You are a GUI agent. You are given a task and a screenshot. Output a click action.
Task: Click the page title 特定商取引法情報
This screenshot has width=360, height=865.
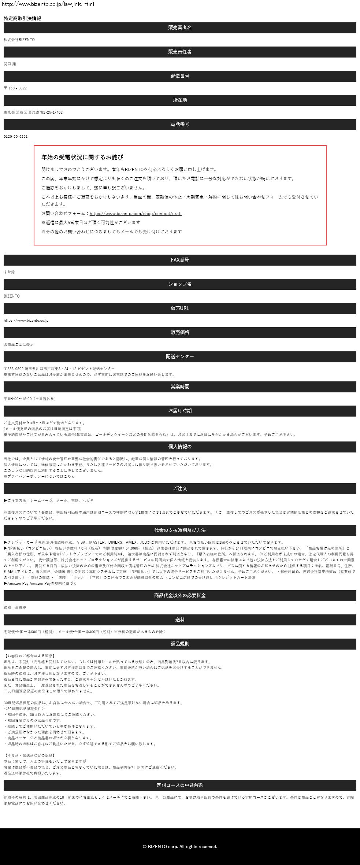(x=22, y=18)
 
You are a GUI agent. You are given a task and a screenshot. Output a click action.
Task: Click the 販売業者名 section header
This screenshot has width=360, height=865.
(x=180, y=28)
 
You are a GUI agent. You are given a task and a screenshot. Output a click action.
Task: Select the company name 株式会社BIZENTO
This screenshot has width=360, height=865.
(x=19, y=40)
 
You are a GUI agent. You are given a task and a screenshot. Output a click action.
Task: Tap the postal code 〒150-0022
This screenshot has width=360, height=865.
(x=15, y=88)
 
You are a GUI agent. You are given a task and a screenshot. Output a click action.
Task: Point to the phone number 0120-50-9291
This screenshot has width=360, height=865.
(x=15, y=137)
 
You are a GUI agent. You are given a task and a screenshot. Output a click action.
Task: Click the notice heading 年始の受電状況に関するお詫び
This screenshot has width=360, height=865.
(x=82, y=157)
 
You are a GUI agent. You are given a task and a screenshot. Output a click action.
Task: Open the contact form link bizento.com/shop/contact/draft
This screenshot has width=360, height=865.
(x=136, y=214)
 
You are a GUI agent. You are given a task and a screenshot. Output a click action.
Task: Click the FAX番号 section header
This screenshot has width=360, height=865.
(x=180, y=260)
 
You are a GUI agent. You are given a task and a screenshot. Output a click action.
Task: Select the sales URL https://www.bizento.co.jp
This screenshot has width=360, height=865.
(x=26, y=321)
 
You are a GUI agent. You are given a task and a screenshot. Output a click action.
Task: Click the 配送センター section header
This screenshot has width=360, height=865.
(x=180, y=357)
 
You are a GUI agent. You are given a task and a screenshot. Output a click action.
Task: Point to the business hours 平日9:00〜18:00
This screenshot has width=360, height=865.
(x=30, y=399)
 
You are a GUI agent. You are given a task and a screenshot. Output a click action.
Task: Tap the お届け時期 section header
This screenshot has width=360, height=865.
(x=180, y=411)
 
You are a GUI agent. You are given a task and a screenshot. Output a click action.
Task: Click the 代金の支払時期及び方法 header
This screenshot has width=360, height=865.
(x=180, y=531)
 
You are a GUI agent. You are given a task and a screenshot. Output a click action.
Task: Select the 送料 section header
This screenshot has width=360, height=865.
(x=180, y=620)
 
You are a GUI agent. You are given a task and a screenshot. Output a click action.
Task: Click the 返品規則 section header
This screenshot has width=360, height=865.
(x=180, y=644)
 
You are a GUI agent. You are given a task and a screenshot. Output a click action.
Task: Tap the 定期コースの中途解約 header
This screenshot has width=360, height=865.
(x=180, y=785)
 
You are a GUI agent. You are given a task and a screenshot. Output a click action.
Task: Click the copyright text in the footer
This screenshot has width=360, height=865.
(x=180, y=847)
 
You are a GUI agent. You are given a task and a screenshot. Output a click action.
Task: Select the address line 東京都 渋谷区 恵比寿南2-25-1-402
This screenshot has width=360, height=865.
(x=33, y=112)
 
